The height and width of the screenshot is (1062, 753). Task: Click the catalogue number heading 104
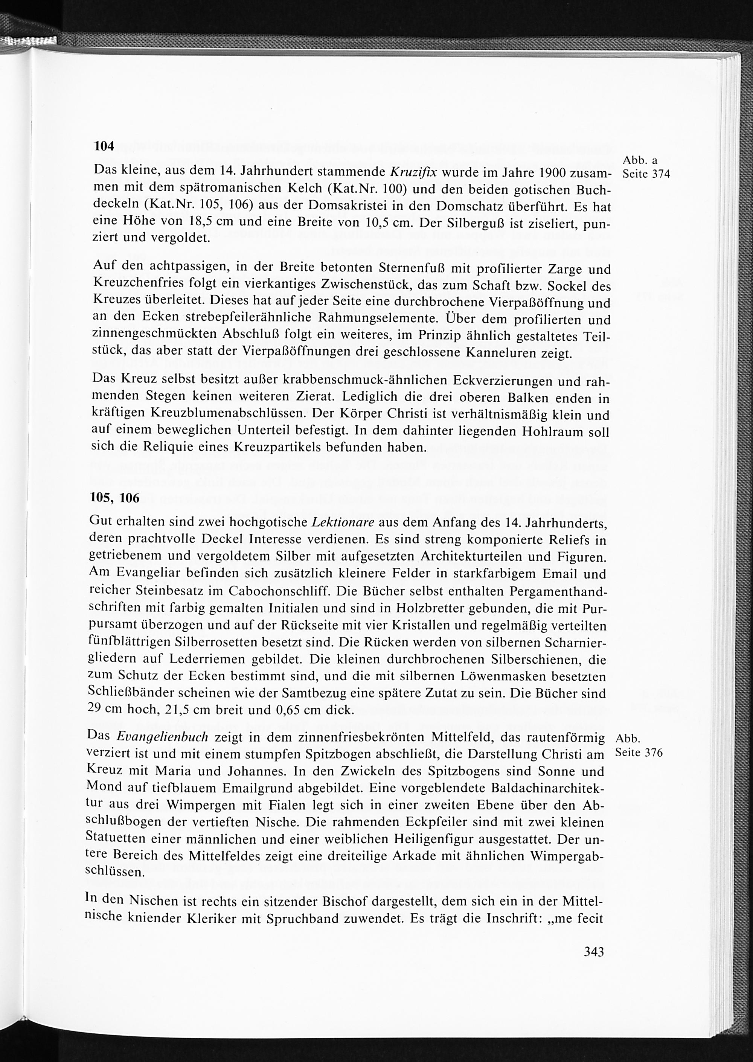tap(104, 146)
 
